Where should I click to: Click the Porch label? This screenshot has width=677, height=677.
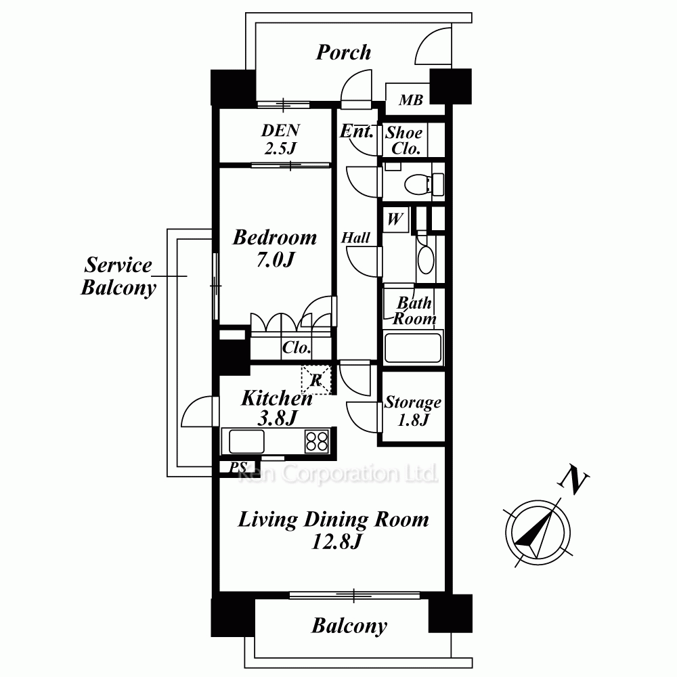[343, 53]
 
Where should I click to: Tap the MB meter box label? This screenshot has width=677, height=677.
[411, 100]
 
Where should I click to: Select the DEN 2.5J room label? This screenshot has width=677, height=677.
[281, 139]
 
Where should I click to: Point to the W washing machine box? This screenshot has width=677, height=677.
[395, 219]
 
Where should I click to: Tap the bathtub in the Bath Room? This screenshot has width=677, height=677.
[413, 347]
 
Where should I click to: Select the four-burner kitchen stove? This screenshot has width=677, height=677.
[316, 441]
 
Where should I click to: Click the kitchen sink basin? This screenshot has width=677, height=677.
[246, 441]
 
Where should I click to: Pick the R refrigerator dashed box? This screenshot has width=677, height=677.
[315, 380]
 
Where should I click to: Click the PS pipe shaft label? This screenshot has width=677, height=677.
[238, 467]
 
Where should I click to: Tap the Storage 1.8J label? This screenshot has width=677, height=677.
[413, 411]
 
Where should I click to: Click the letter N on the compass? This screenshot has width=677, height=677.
[574, 479]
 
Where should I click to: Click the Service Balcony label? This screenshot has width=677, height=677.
[118, 276]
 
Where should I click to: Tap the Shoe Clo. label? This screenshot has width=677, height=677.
[403, 140]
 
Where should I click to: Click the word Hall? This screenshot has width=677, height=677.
[356, 238]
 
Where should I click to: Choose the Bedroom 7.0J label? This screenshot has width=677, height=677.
[275, 248]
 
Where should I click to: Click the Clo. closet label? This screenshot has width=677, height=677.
[297, 347]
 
